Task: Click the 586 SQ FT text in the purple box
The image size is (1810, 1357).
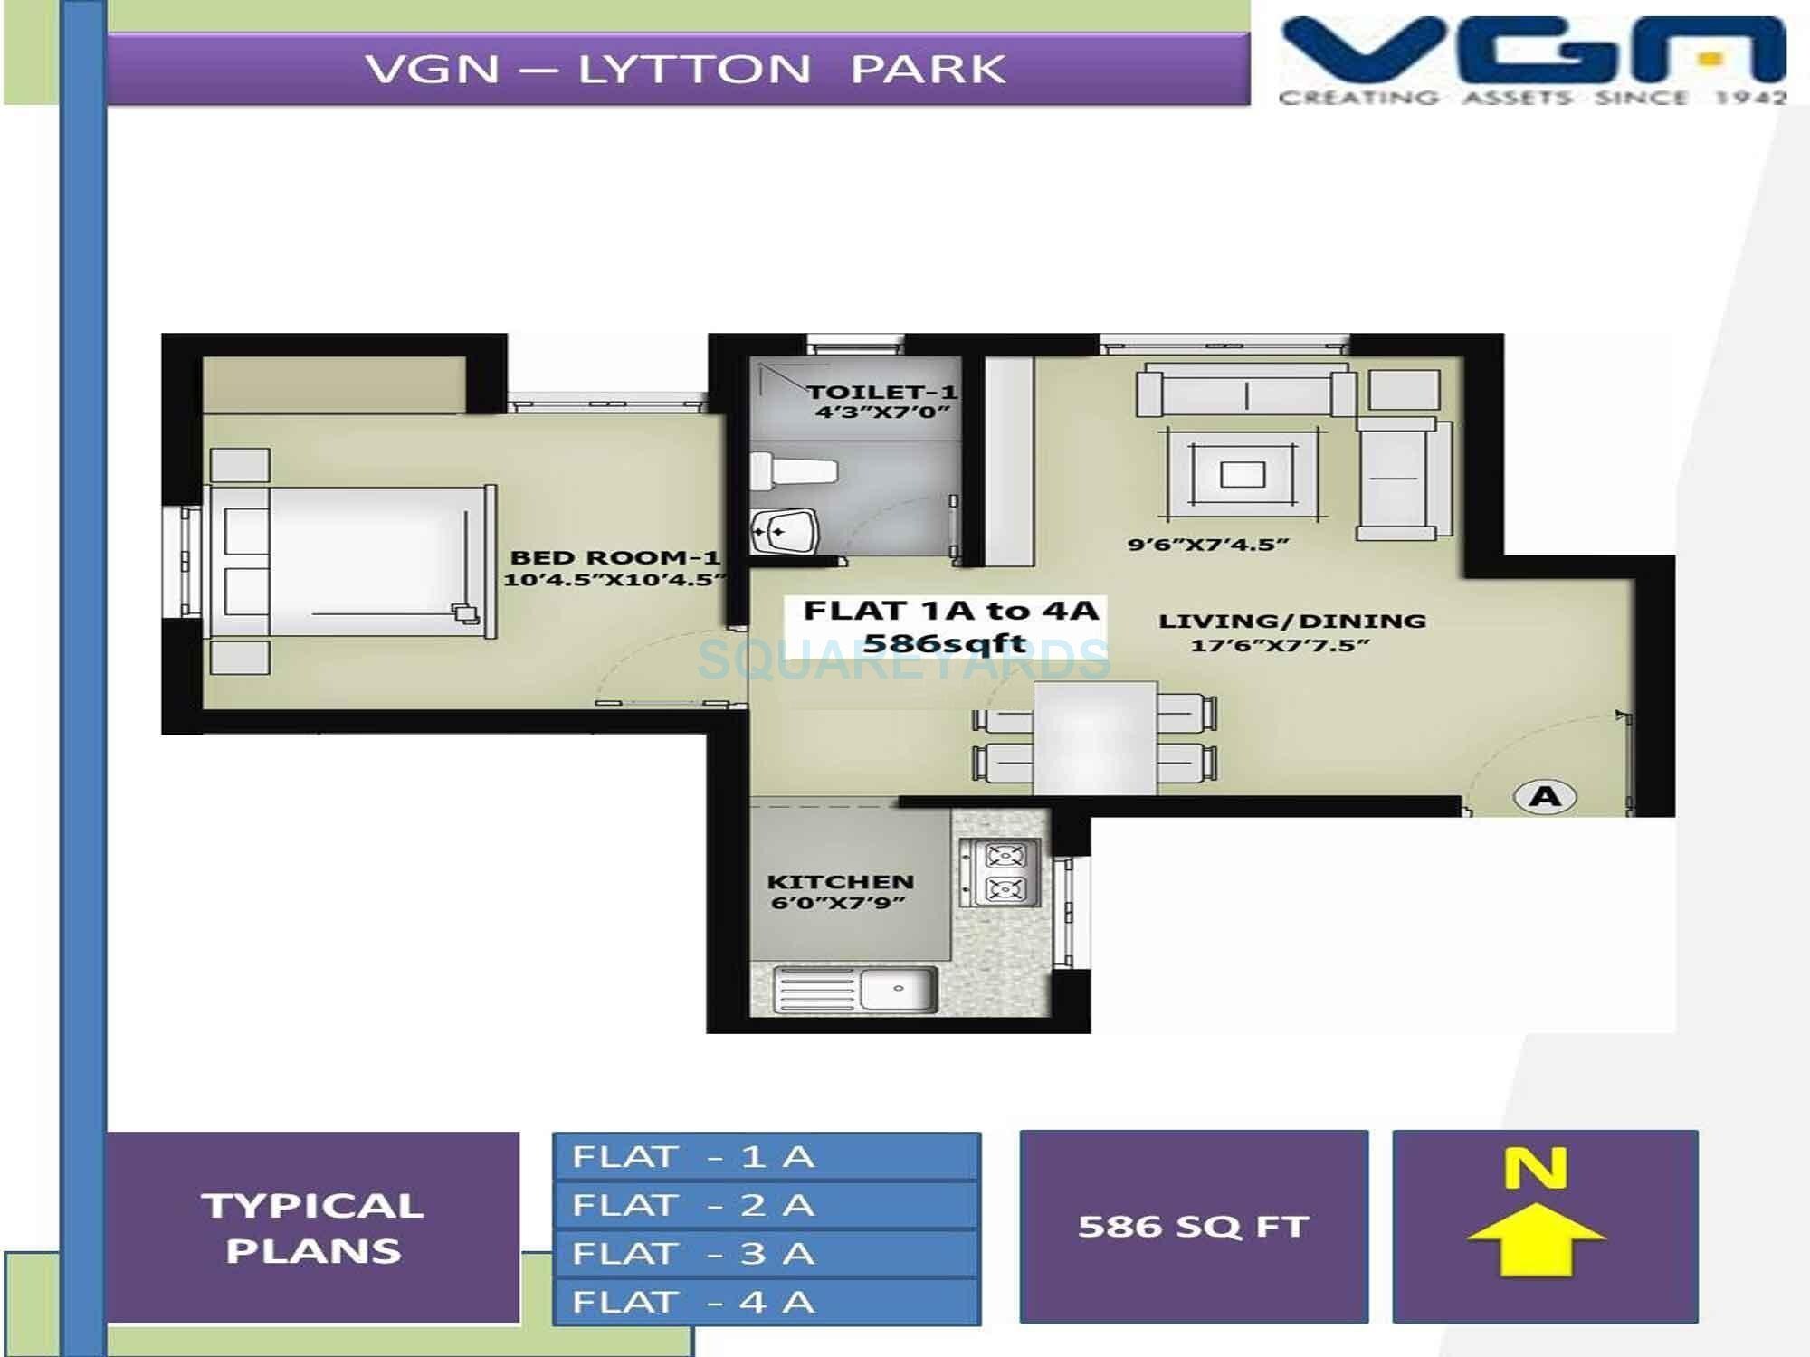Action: tap(1193, 1227)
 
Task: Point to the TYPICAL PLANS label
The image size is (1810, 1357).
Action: tap(313, 1228)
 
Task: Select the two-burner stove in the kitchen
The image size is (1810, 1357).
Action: tap(1003, 872)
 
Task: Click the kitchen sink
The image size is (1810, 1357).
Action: tap(898, 989)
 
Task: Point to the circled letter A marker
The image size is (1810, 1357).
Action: tap(1545, 796)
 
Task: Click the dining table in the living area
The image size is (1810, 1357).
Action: tap(1095, 737)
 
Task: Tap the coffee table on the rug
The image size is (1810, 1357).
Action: tap(1243, 474)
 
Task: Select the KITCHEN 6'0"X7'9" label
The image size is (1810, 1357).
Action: tap(840, 891)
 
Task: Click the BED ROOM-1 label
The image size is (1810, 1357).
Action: tap(615, 557)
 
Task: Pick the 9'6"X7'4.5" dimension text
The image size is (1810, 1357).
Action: tap(1207, 545)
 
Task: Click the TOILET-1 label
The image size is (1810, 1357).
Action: tap(881, 393)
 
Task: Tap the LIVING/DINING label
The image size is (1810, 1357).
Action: tap(1291, 622)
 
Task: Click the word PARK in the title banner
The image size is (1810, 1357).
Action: tap(928, 70)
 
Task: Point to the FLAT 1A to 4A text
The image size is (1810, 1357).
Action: tap(950, 611)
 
